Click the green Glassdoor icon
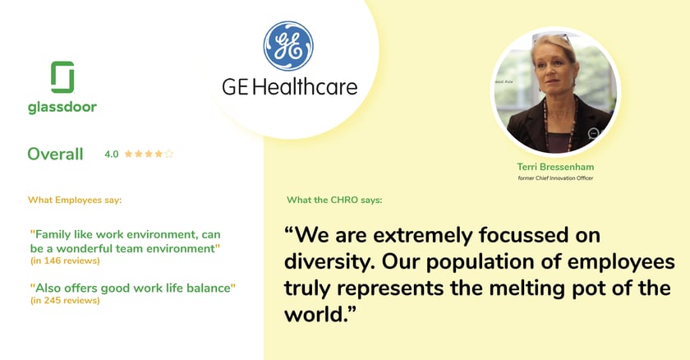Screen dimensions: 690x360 tap(62, 77)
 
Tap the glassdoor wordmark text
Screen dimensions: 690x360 tap(62, 107)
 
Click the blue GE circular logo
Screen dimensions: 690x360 tap(288, 46)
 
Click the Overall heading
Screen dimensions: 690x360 tap(55, 154)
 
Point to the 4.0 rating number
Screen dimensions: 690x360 tap(112, 154)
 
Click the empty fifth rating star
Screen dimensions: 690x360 tap(168, 154)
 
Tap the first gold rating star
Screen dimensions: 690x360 tap(128, 154)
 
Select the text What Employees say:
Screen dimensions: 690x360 tap(75, 200)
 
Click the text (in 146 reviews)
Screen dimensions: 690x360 tap(65, 261)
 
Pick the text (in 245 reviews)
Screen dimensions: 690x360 tap(65, 300)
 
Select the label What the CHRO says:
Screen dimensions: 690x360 tap(334, 200)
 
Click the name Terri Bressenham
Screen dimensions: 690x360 tap(555, 167)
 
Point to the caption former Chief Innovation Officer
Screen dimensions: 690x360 tap(555, 178)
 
